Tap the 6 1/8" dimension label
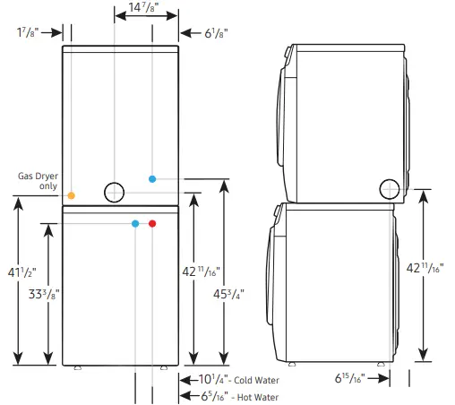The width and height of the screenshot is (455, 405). [x=215, y=33]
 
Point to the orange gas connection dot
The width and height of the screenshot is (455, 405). [x=72, y=194]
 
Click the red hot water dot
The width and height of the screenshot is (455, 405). [x=152, y=223]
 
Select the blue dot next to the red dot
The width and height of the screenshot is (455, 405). [x=135, y=223]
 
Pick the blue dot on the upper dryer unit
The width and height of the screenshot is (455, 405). [x=152, y=179]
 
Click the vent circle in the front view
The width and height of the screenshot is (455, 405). [x=116, y=192]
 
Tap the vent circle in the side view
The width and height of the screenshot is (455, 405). [x=390, y=189]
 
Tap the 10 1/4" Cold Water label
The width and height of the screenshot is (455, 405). [x=238, y=379]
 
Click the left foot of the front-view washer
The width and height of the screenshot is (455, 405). [x=78, y=366]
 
